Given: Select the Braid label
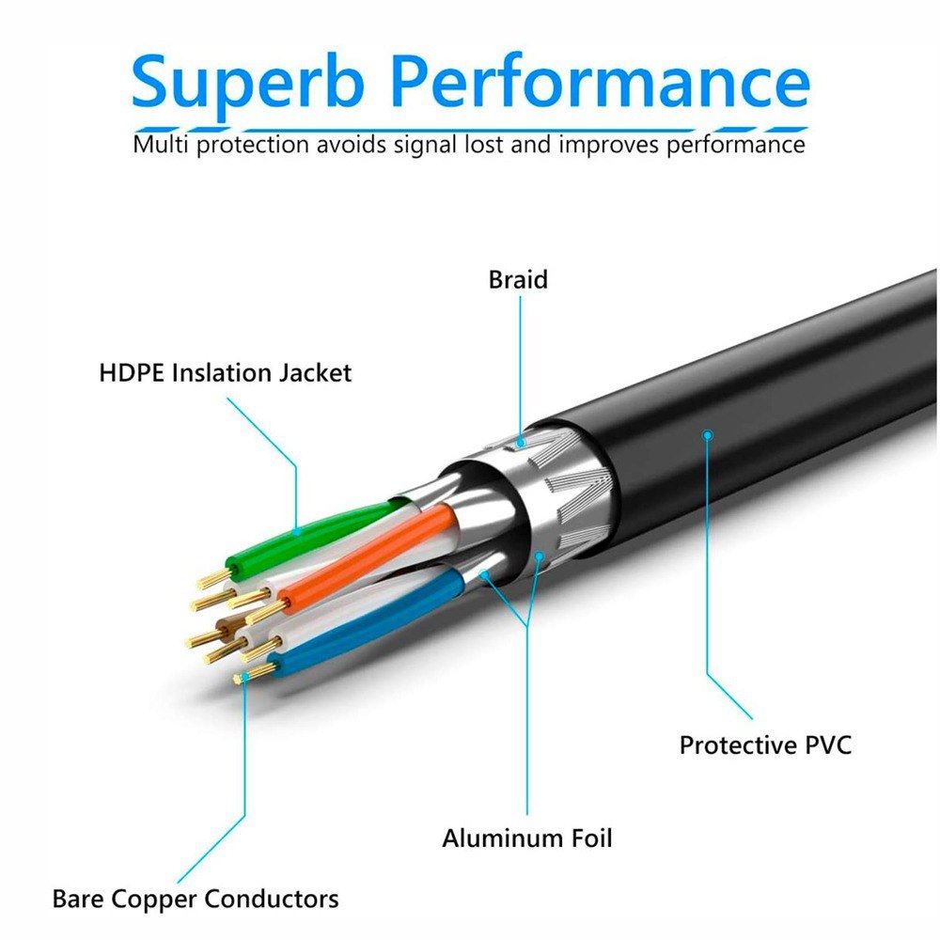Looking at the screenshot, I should [x=518, y=280].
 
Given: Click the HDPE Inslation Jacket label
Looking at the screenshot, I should [x=225, y=372].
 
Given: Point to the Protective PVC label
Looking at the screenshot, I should [x=765, y=745].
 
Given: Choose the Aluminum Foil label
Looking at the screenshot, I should [x=527, y=838].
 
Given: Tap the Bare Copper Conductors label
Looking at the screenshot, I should [x=195, y=899].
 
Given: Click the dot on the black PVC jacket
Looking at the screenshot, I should [x=707, y=434].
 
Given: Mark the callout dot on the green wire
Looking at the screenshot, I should [x=297, y=532].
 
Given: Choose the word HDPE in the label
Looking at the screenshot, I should [x=130, y=372].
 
